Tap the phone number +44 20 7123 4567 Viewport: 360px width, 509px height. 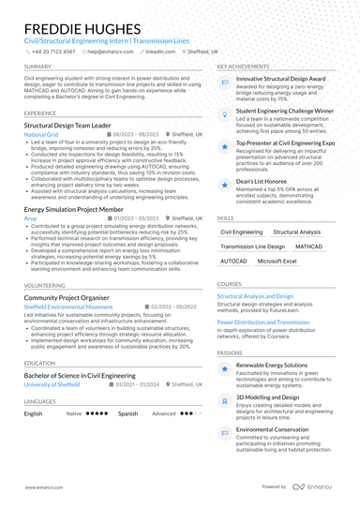(x=54, y=52)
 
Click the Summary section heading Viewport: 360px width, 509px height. (x=37, y=67)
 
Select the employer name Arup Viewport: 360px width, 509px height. (x=31, y=217)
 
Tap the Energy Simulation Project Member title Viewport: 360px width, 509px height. (x=81, y=208)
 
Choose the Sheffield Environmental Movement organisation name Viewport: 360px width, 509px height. (x=67, y=307)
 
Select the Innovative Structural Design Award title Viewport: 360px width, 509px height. (x=280, y=80)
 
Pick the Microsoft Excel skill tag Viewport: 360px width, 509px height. (x=277, y=262)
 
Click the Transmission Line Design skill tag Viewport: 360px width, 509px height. (x=252, y=247)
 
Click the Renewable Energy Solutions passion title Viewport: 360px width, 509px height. (x=271, y=365)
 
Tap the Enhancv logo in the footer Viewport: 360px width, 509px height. (x=319, y=487)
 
